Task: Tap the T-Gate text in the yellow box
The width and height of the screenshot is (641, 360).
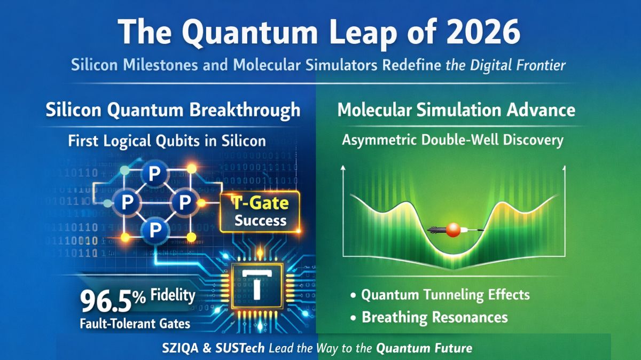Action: [x=260, y=203]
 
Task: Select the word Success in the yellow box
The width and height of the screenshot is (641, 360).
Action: [x=260, y=220]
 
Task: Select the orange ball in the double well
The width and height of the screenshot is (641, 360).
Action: [x=455, y=231]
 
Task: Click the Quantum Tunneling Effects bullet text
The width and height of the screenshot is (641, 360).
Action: [x=445, y=295]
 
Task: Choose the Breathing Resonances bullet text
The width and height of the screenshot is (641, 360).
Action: [x=435, y=317]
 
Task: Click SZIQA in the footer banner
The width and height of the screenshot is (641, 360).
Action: [x=182, y=349]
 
